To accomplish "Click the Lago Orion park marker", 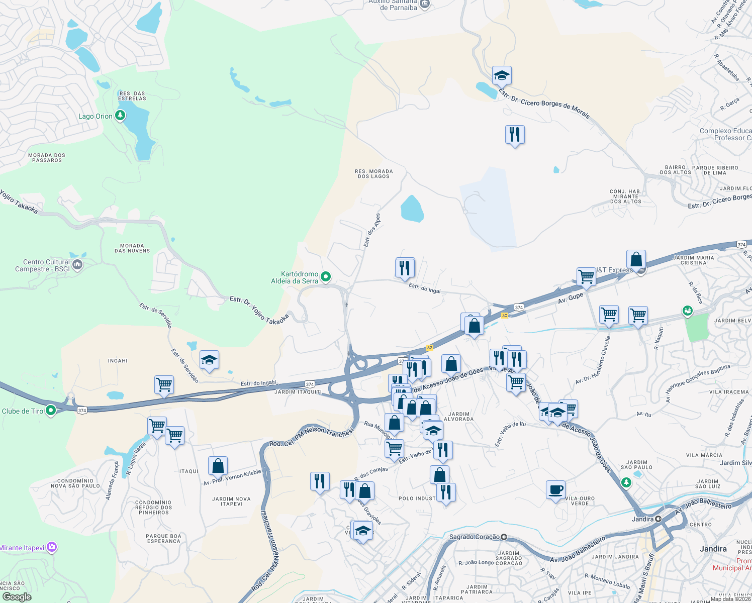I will pos(120,116).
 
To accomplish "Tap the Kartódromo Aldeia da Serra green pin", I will pos(326,276).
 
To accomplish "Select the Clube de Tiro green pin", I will pos(50,411).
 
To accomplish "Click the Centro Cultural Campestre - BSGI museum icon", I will pos(77,265).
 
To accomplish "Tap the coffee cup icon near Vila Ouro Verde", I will pos(555,489).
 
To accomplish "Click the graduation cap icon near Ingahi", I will pos(209,360).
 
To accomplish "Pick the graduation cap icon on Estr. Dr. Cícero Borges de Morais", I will pos(502,76).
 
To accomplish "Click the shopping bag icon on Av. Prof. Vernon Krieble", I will pos(218,466).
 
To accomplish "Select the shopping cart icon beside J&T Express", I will pos(586,276).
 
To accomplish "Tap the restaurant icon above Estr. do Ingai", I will pos(405,267).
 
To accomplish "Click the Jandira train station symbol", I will pos(658,519).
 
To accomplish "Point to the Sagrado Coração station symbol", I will pos(504,537).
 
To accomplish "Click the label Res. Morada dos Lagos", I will pos(373,174).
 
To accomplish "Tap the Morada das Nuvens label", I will pos(132,248).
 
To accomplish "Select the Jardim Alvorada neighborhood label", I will pos(458,417).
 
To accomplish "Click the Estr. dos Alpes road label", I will pos(372,230).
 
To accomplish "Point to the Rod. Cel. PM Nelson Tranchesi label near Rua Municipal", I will pos(311,436).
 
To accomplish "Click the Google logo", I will pos(17,597).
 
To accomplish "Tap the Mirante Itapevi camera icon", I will pos(52,547).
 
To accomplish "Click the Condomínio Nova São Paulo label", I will pos(75,483).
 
